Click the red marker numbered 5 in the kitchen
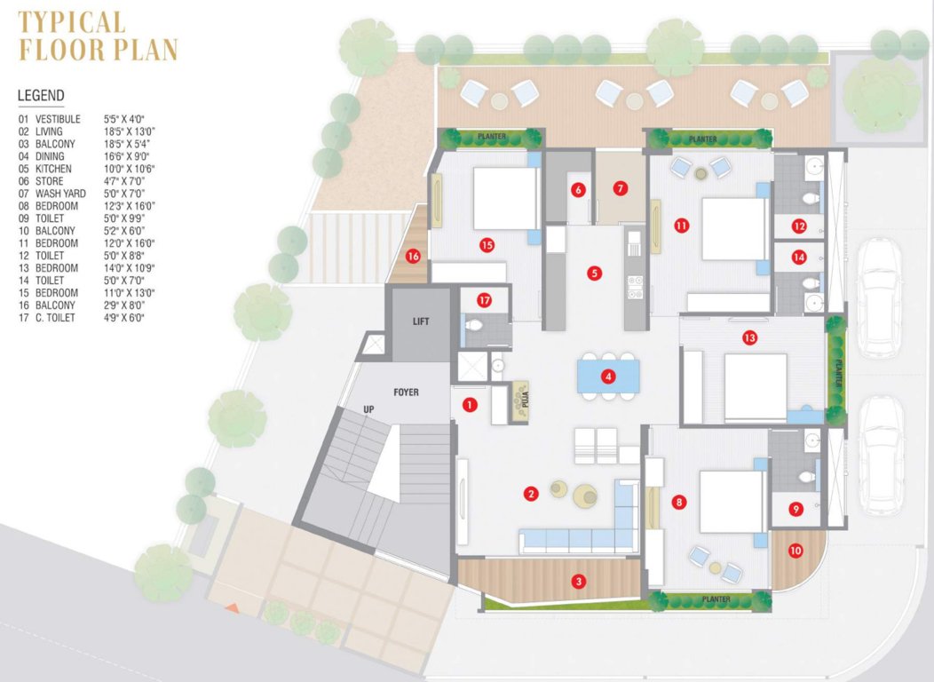(595, 274)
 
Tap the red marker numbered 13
(750, 337)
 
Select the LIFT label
(421, 321)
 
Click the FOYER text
(406, 392)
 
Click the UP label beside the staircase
(368, 408)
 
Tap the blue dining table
(607, 375)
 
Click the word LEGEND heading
(41, 96)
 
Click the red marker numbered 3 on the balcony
(579, 582)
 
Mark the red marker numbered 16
(413, 256)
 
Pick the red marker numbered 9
(795, 509)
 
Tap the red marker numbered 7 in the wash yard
(620, 188)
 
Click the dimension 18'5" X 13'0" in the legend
(130, 131)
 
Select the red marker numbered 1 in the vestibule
(470, 405)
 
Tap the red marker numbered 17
(485, 299)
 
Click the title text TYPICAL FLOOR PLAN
(98, 36)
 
